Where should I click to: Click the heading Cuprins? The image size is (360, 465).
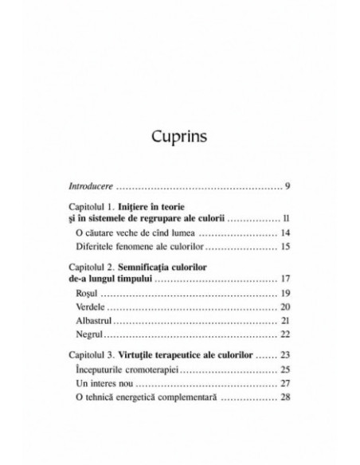[x=179, y=136]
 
